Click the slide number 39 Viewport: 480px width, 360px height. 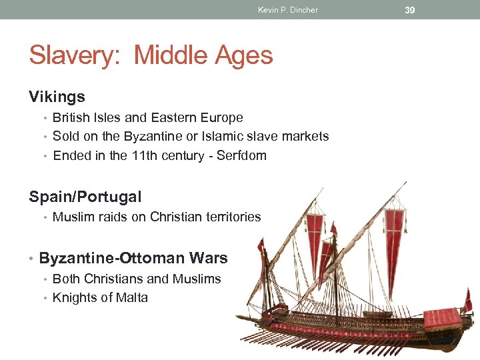click(410, 9)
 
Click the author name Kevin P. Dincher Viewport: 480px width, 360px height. click(288, 10)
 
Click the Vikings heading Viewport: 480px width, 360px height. click(57, 97)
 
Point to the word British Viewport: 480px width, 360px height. click(72, 118)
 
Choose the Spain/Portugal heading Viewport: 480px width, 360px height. click(85, 197)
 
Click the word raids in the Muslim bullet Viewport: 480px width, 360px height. click(117, 217)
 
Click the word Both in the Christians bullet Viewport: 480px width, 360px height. click(67, 279)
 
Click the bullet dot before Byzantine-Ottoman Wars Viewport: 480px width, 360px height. click(32, 259)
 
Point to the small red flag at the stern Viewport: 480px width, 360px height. click(469, 300)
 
